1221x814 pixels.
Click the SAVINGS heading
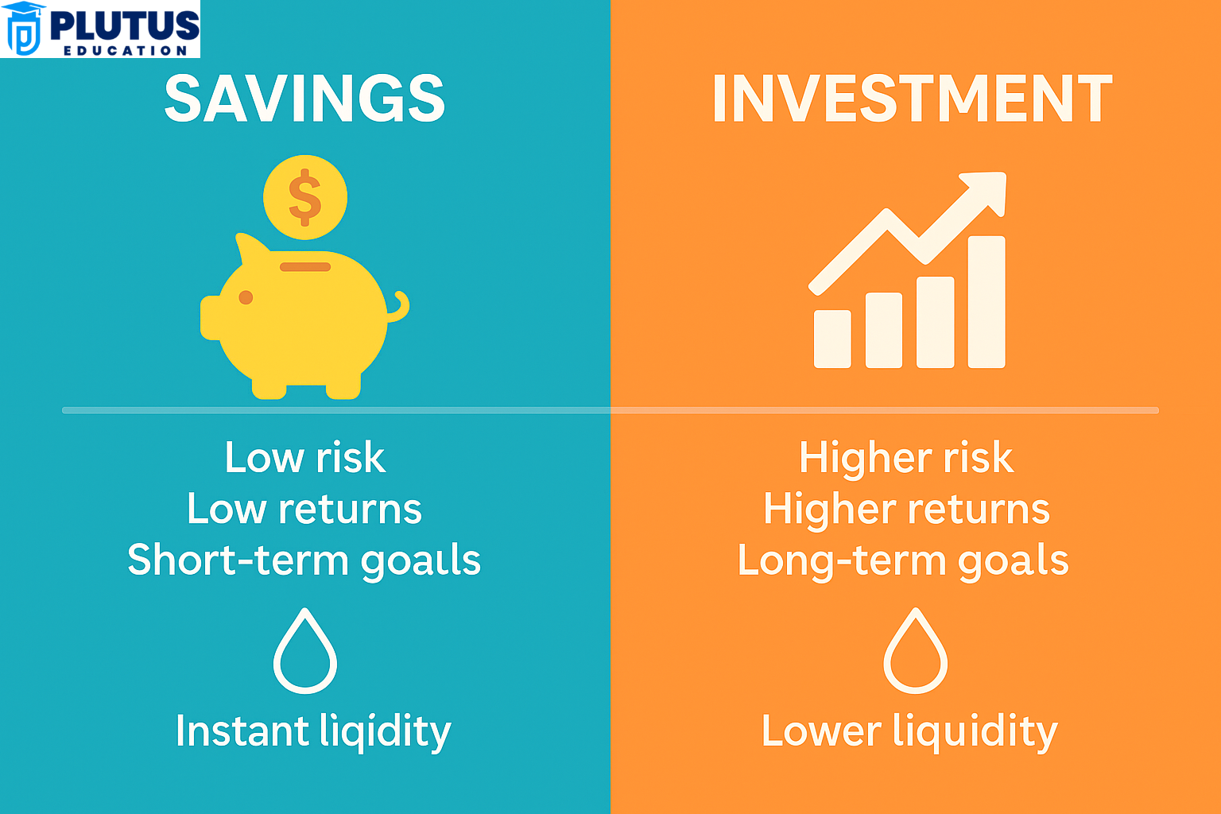(x=304, y=99)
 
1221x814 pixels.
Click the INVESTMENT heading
(x=912, y=99)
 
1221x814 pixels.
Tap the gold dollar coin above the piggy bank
(x=305, y=197)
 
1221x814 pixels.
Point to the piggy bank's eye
(x=246, y=297)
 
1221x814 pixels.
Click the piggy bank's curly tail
(x=400, y=307)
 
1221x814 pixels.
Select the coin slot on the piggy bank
(x=305, y=267)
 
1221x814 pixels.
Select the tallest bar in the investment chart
(x=986, y=302)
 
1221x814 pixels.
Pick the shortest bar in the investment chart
(x=832, y=339)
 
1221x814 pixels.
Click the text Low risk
(x=305, y=458)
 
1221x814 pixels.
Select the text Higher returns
(x=906, y=509)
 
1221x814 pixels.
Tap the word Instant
(x=242, y=731)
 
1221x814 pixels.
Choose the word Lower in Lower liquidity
(x=821, y=731)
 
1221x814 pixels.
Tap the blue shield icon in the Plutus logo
(x=24, y=30)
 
